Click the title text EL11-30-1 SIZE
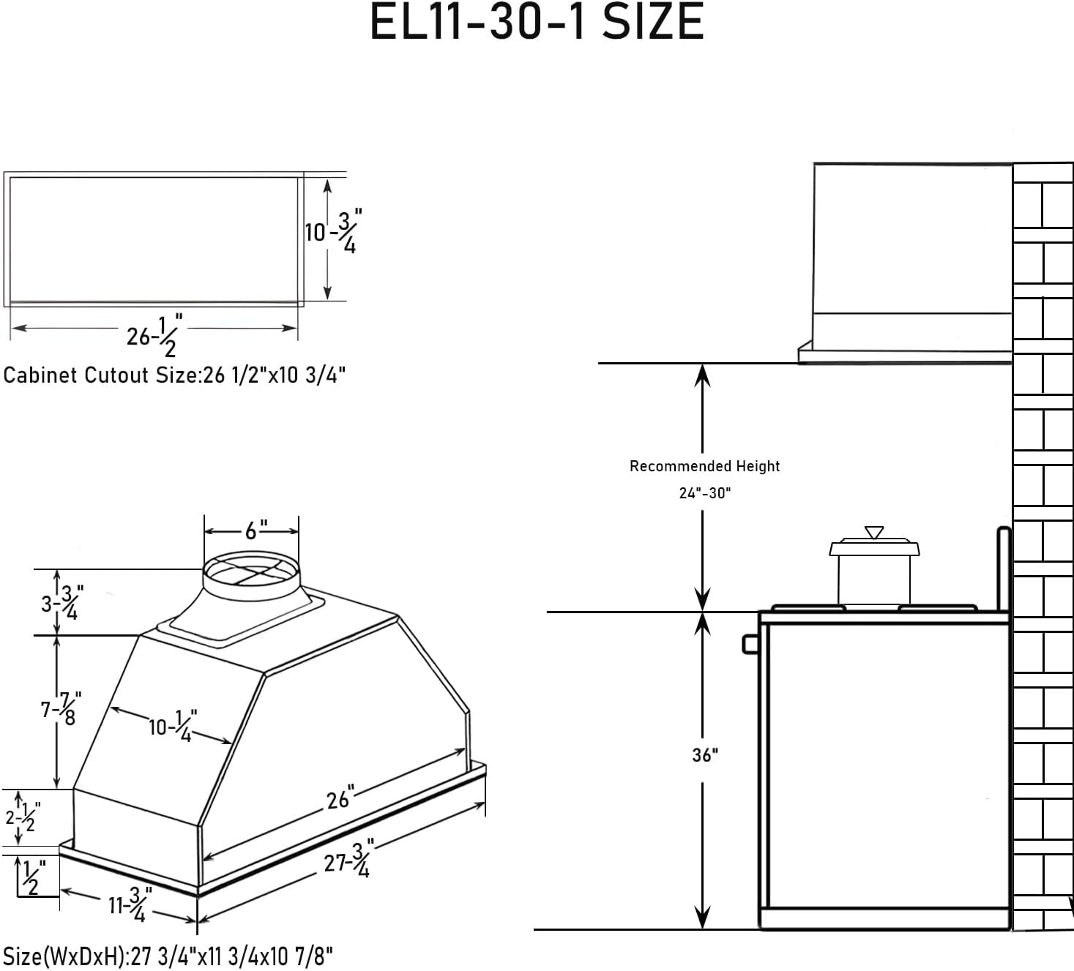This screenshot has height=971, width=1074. (x=537, y=22)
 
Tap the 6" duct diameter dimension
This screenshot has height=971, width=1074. (x=256, y=531)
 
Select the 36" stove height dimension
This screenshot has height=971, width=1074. (x=704, y=755)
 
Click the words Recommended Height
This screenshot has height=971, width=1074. (x=704, y=466)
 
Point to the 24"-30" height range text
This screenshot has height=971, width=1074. (x=704, y=493)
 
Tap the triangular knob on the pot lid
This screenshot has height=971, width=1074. (x=874, y=532)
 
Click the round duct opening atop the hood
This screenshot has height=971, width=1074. (x=252, y=571)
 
